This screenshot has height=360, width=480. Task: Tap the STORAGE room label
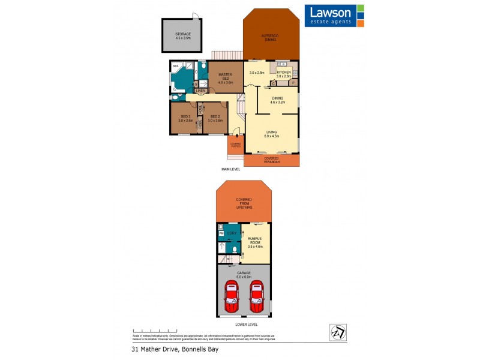(183, 36)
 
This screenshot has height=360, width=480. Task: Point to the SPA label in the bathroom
(176, 65)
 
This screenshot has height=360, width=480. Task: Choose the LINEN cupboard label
(200, 91)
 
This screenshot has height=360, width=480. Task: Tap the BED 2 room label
(215, 118)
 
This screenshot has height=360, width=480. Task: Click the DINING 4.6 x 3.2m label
(277, 101)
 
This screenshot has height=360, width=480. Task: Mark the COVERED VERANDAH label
(272, 160)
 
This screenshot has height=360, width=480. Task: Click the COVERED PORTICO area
(235, 146)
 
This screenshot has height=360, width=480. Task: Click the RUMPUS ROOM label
(256, 242)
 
